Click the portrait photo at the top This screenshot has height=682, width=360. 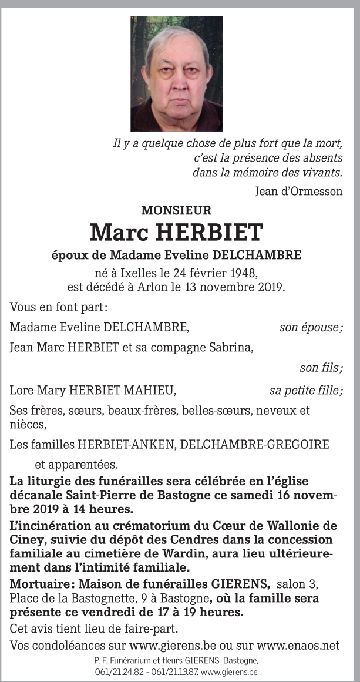177,73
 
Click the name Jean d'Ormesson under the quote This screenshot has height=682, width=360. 299,191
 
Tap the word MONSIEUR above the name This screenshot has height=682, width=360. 176,210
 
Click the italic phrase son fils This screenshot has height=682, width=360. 321,368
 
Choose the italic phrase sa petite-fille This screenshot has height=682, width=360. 305,390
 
